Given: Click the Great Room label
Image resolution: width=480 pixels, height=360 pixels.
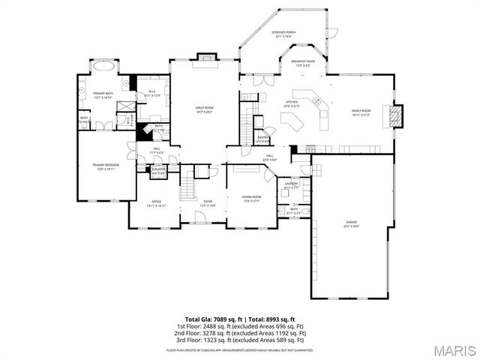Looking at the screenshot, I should [x=204, y=109].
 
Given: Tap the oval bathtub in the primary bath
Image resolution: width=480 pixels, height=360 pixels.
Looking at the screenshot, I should [x=103, y=66].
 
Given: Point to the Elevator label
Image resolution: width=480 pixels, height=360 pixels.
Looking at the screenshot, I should [x=158, y=171].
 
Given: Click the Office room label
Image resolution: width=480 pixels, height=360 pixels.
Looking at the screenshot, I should [x=156, y=203].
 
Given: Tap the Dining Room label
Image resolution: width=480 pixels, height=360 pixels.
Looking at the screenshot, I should [x=251, y=199].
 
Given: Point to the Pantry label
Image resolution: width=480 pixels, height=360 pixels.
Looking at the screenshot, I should [x=262, y=139].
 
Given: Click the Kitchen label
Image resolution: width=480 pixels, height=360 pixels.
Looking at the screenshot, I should [x=292, y=104].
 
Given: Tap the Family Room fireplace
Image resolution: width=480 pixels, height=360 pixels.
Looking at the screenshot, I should [x=395, y=114].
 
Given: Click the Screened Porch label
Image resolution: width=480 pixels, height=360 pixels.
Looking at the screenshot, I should [x=283, y=34].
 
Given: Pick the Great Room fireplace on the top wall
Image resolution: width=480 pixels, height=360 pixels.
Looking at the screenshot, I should [x=204, y=57].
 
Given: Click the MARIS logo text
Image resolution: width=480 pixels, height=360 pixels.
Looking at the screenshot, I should [x=453, y=348].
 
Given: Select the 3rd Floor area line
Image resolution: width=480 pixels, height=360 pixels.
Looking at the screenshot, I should [x=240, y=339].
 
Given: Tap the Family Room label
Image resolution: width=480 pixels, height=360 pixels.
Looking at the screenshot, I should [x=362, y=112].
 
